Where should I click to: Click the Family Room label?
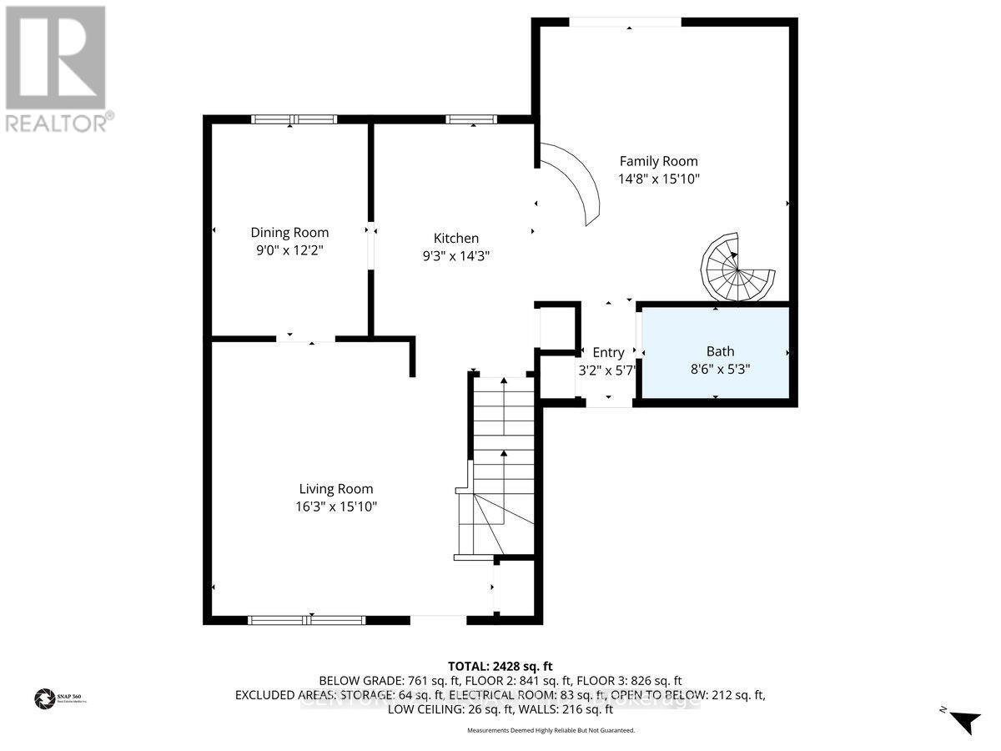658,161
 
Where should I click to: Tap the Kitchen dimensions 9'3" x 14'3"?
455,256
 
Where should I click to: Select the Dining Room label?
289,233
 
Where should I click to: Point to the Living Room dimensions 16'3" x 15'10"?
336,507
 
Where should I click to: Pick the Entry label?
608,352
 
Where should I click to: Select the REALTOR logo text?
57,123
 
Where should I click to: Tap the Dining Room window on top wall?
294,119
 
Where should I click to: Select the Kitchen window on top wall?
471,119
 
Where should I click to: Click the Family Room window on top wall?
625,22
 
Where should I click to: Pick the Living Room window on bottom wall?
306,620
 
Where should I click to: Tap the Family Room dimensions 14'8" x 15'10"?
658,179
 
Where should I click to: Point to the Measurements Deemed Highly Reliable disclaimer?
550,730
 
